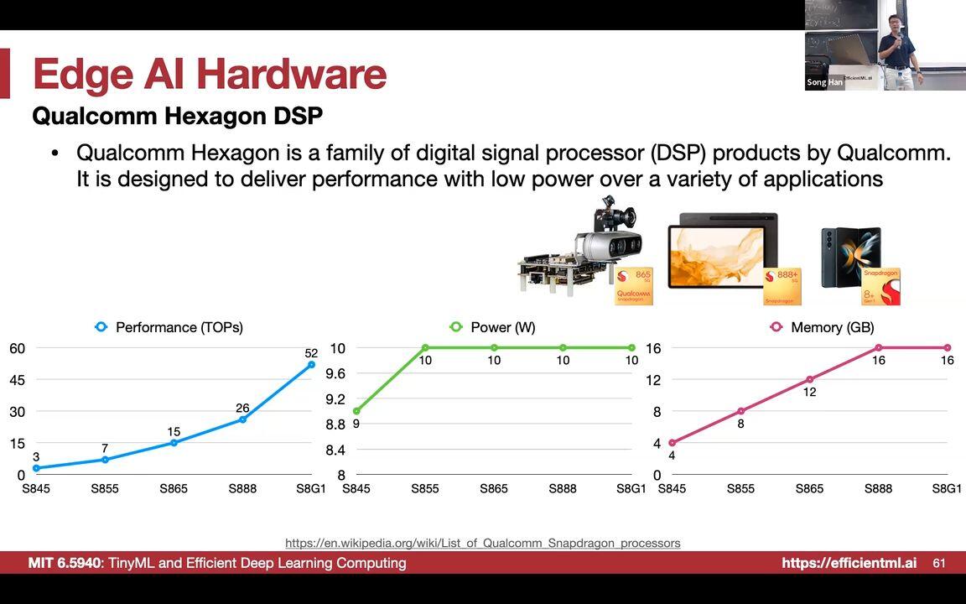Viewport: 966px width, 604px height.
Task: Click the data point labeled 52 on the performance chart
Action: point(311,364)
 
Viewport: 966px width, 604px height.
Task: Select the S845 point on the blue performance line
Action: point(36,468)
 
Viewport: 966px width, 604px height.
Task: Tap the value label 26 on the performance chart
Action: point(242,409)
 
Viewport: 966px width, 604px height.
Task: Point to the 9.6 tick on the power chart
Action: point(336,373)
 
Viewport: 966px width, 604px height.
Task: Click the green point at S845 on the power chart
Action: point(356,411)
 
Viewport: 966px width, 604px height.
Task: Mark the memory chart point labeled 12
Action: point(810,379)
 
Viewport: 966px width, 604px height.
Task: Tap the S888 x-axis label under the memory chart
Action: point(878,488)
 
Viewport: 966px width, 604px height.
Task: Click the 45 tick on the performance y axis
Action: point(18,380)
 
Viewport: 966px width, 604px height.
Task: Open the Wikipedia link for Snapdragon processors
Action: point(483,543)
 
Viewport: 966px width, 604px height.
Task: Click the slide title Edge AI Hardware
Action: point(210,74)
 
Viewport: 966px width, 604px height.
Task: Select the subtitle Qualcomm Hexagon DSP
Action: point(177,116)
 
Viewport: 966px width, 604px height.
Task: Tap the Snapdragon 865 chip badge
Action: point(633,286)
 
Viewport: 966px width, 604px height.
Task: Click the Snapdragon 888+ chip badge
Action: point(782,287)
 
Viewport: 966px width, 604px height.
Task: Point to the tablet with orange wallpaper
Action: point(722,252)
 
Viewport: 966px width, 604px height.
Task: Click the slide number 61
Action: point(939,563)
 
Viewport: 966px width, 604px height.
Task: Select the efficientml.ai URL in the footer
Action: point(849,563)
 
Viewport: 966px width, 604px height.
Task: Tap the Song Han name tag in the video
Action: point(824,82)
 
